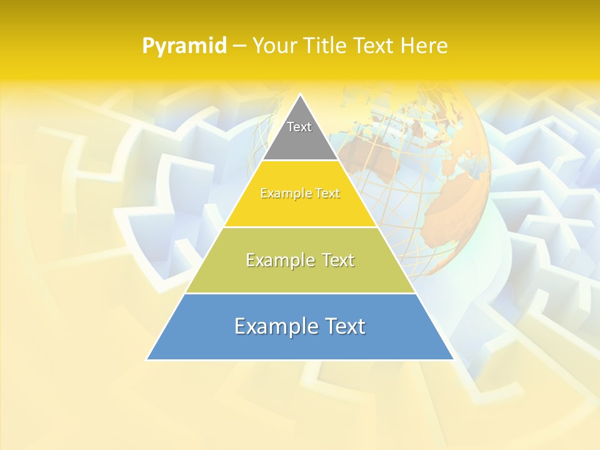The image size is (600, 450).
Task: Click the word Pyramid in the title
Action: click(x=184, y=46)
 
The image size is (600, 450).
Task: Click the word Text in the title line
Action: click(x=375, y=46)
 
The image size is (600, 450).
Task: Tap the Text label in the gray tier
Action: click(x=299, y=127)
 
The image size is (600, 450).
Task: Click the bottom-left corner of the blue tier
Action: click(x=147, y=359)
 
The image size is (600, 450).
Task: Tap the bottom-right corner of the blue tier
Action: click(x=453, y=359)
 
